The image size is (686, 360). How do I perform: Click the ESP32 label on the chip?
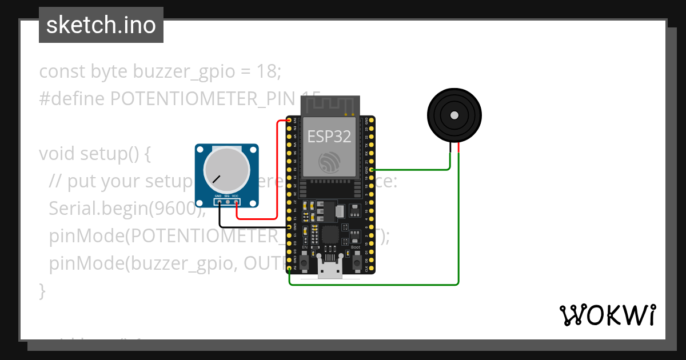click(329, 136)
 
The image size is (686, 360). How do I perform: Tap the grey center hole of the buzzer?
click(454, 115)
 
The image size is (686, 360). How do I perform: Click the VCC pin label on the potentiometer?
click(235, 196)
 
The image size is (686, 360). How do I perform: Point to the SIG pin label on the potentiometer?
click(227, 196)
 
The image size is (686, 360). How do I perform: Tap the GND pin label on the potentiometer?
click(218, 196)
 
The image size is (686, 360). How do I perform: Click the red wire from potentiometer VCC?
click(277, 171)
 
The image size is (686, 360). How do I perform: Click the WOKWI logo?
click(607, 315)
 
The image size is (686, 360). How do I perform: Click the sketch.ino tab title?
click(101, 25)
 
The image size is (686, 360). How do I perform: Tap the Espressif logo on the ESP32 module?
click(329, 163)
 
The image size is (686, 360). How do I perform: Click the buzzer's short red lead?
click(458, 148)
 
